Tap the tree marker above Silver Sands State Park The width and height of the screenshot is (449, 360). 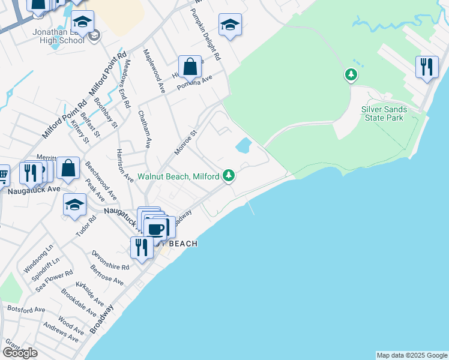pos(351,75)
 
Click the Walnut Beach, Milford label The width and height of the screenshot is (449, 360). pos(179,176)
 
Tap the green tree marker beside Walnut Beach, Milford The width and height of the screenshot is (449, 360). pos(228,176)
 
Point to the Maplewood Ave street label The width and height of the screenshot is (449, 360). pos(154,71)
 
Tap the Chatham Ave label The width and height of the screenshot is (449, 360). pos(144,128)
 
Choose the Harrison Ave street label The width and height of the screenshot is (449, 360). pos(125,165)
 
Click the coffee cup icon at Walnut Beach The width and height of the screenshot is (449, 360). pos(156,229)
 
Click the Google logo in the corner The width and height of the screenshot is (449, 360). pos(20,353)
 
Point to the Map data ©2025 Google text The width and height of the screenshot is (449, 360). pos(412,355)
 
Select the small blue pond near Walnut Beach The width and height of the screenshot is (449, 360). pos(243,145)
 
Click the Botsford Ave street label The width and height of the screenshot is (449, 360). pos(26,309)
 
